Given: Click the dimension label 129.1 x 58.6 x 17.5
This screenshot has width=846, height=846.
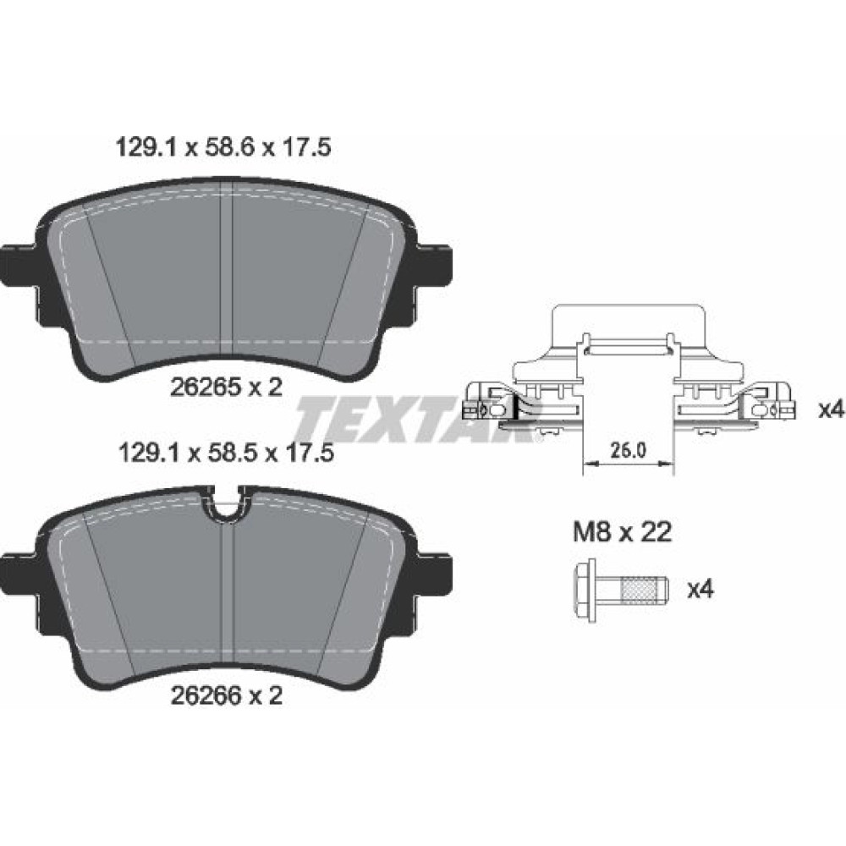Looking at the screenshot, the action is (222, 147).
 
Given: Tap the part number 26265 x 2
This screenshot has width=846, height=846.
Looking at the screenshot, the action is (227, 387).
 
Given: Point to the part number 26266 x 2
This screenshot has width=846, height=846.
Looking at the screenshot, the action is (227, 695).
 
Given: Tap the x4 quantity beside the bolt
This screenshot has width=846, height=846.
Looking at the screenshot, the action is (700, 590).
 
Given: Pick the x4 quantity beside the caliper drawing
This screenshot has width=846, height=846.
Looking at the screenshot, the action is (831, 410).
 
